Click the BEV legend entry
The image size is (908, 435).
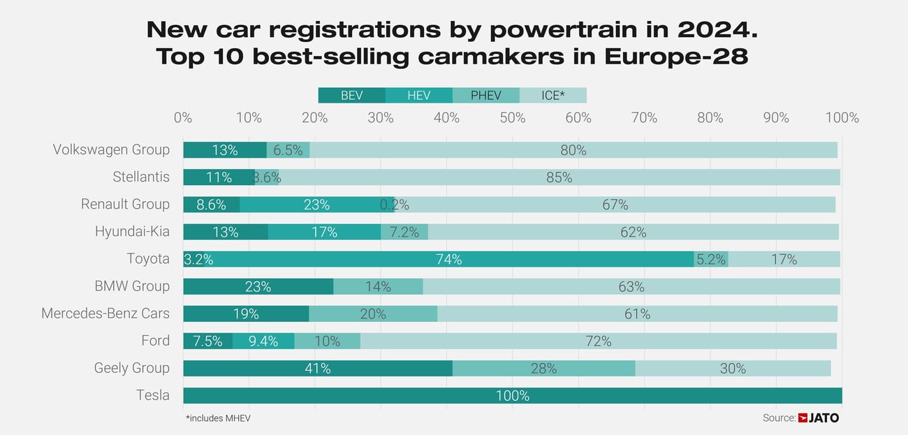pyautogui.click(x=351, y=96)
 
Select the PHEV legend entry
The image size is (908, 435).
pyautogui.click(x=485, y=96)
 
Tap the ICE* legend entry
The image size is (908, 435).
pyautogui.click(x=552, y=96)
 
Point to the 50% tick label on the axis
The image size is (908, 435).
pyautogui.click(x=512, y=118)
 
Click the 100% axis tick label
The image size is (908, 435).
pyautogui.click(x=842, y=118)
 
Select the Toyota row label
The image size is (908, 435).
pyautogui.click(x=147, y=259)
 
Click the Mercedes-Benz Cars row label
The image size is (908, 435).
pyautogui.click(x=105, y=314)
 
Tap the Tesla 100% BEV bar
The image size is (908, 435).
pyautogui.click(x=512, y=396)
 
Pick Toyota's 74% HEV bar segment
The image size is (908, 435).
pyautogui.click(x=448, y=259)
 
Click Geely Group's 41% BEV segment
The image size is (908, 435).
pyautogui.click(x=317, y=369)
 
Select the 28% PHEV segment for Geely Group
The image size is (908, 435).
pyautogui.click(x=543, y=369)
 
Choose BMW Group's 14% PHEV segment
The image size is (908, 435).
pyautogui.click(x=378, y=286)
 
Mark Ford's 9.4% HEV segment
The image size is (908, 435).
pyautogui.click(x=263, y=341)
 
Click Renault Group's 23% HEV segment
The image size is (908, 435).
pyautogui.click(x=316, y=205)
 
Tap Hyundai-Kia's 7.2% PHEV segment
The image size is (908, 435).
pyautogui.click(x=404, y=232)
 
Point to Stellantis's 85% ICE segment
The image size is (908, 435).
pyautogui.click(x=559, y=177)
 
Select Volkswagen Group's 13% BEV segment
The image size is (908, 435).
pyautogui.click(x=225, y=150)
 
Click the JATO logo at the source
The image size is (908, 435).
pyautogui.click(x=819, y=418)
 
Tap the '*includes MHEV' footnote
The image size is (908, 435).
pyautogui.click(x=218, y=418)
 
